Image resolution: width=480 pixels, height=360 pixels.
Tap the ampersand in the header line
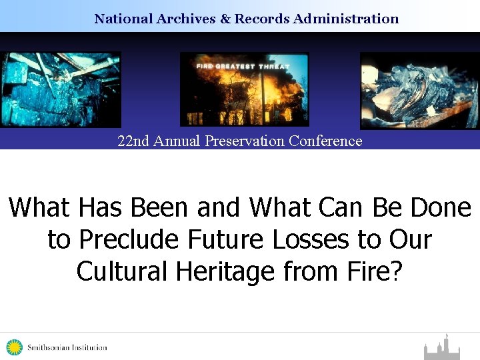225,19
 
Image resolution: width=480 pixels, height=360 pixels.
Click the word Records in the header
261,19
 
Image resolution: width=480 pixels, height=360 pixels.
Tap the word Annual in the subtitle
177,141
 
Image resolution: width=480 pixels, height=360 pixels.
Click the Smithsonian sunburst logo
14,347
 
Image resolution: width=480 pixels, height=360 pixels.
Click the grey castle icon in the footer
442,348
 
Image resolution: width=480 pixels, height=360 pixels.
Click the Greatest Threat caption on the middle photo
244,66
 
